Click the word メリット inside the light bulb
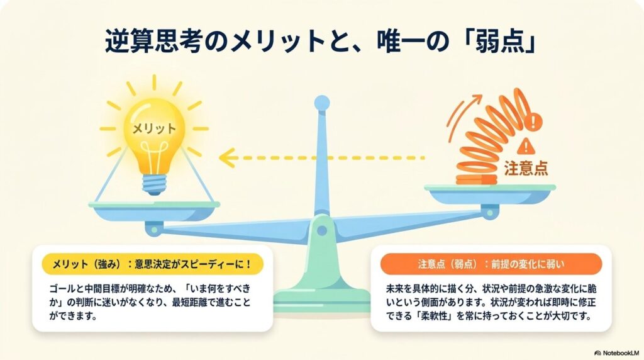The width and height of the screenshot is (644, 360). pos(154,128)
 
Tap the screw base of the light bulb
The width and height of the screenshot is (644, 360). pos(155,185)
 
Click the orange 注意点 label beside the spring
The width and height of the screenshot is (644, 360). pos(526,169)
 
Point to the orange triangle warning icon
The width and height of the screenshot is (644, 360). pos(525,146)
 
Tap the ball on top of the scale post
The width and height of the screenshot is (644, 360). pos(321,103)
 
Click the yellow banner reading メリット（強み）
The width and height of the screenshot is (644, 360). pos(152,264)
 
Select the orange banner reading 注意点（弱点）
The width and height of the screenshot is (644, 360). pos(491,264)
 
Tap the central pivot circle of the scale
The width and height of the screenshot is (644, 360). pos(321,230)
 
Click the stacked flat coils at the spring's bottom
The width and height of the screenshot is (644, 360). pos(477,179)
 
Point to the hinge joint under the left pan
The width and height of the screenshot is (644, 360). pos(154,229)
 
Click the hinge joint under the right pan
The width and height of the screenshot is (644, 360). pos(489,213)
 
